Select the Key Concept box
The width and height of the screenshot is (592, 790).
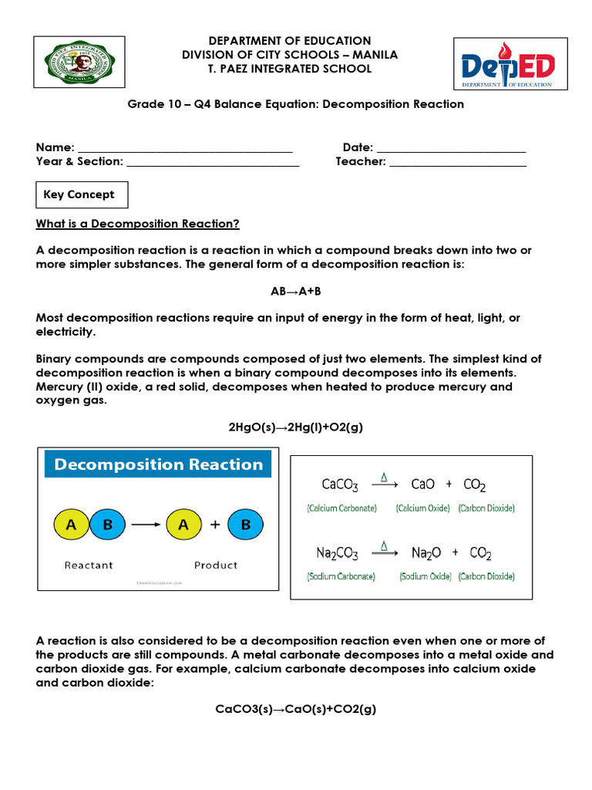pyautogui.click(x=82, y=195)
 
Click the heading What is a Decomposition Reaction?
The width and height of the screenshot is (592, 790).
pyautogui.click(x=138, y=224)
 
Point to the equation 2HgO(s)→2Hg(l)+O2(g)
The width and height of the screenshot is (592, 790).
pyautogui.click(x=296, y=427)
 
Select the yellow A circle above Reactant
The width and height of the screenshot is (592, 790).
pyautogui.click(x=72, y=525)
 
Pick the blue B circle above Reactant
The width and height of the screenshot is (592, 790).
pyautogui.click(x=107, y=525)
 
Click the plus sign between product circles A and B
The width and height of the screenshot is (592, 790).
pyautogui.click(x=215, y=525)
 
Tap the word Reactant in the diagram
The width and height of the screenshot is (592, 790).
pyautogui.click(x=89, y=565)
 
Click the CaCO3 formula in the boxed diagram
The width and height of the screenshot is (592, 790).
pyautogui.click(x=339, y=485)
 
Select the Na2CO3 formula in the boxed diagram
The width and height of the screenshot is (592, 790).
pyautogui.click(x=338, y=553)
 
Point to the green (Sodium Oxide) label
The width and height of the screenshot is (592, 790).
pyautogui.click(x=425, y=576)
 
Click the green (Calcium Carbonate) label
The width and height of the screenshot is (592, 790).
pyautogui.click(x=341, y=508)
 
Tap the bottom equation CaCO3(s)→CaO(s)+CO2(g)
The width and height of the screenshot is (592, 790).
pyautogui.click(x=296, y=710)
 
